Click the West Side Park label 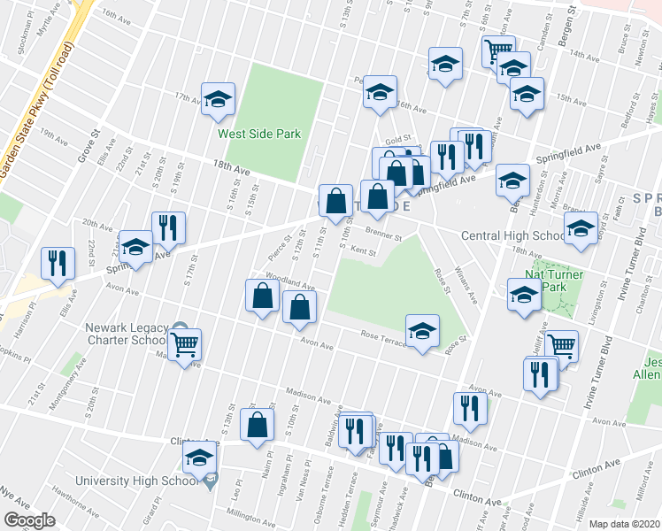pyautogui.click(x=260, y=135)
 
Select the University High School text pyautogui.click(x=153, y=481)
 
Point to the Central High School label pyautogui.click(x=514, y=236)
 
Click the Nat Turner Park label pyautogui.click(x=554, y=281)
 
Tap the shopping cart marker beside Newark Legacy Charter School pyautogui.click(x=185, y=345)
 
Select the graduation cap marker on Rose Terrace pyautogui.click(x=422, y=331)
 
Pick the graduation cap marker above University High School pyautogui.click(x=199, y=458)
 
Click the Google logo pyautogui.click(x=29, y=521)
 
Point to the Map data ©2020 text pyautogui.click(x=624, y=524)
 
